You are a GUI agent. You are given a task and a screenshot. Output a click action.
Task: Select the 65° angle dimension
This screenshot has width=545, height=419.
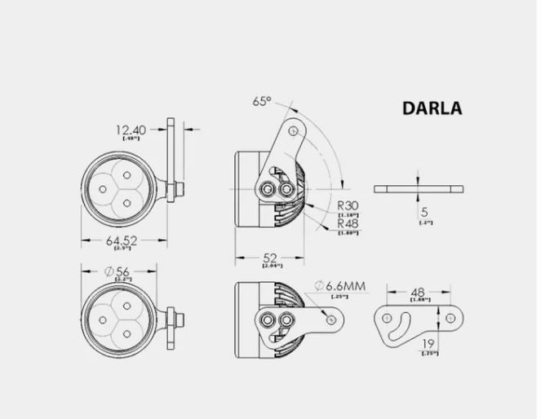click(262, 102)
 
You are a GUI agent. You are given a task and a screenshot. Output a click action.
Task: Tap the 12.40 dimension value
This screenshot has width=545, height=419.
click(131, 129)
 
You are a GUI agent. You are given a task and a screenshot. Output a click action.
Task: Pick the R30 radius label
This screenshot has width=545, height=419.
click(348, 207)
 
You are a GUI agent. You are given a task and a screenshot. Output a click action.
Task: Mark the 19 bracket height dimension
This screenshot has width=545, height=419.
click(429, 342)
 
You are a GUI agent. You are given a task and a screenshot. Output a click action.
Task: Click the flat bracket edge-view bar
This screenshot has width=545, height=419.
click(419, 188)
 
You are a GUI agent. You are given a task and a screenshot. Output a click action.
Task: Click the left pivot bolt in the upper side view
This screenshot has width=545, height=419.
click(268, 189)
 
